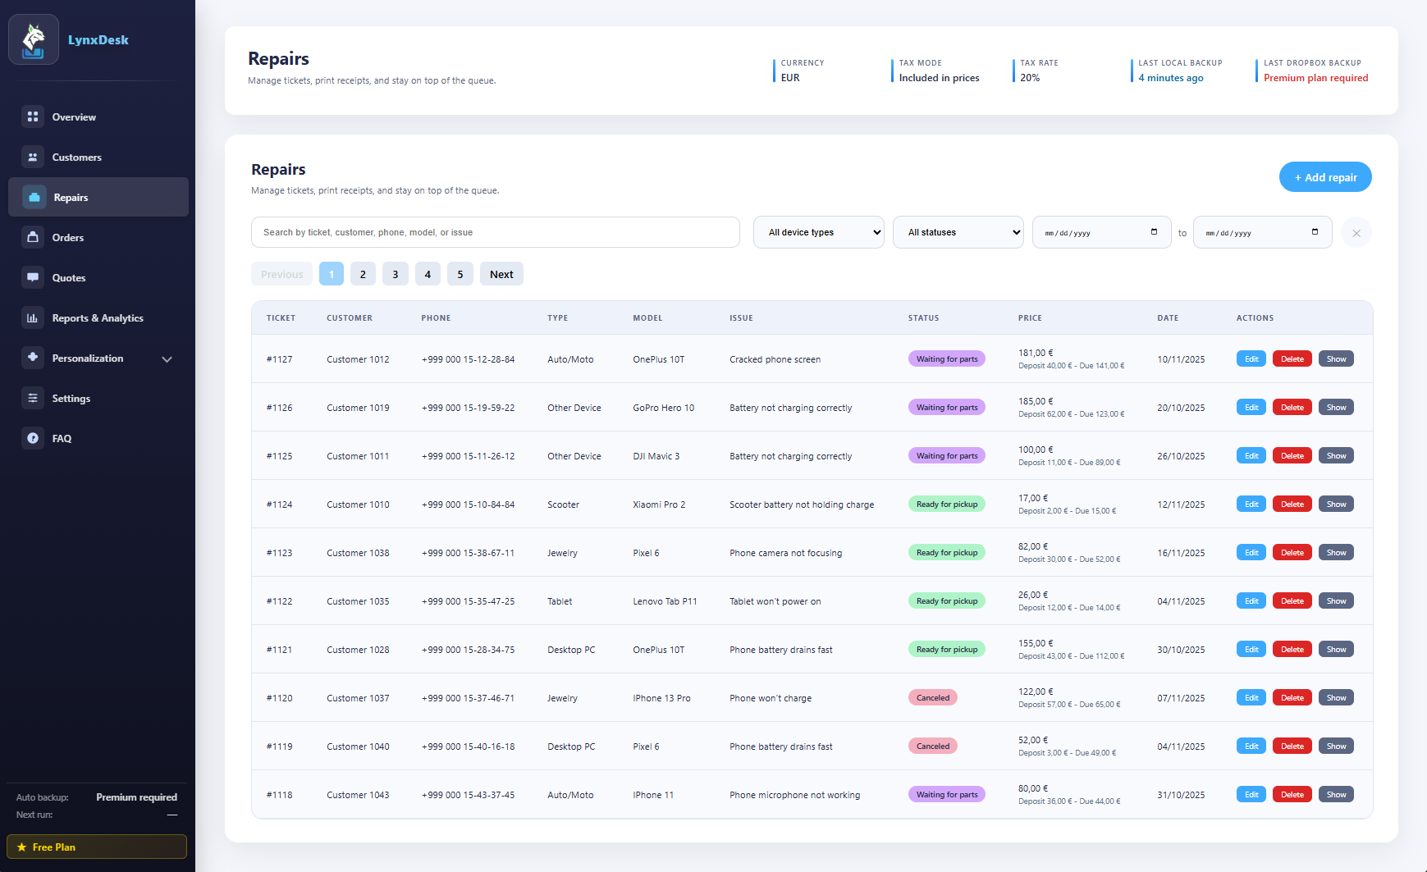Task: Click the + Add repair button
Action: [x=1324, y=177]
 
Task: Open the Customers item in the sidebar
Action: [x=76, y=158]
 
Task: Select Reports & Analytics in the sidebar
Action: [x=97, y=318]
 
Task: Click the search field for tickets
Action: [x=495, y=232]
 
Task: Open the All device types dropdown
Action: [x=818, y=232]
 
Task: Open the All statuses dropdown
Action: [x=958, y=232]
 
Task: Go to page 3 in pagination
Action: [x=396, y=274]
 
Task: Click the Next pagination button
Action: [x=501, y=274]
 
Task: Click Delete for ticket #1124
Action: [x=1292, y=504]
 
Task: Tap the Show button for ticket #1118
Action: [x=1336, y=795]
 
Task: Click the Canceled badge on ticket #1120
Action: [x=933, y=698]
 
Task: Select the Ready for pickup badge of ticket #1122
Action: [x=946, y=601]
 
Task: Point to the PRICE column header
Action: [x=1030, y=318]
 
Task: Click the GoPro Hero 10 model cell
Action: [x=663, y=408]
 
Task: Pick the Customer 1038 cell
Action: [x=358, y=553]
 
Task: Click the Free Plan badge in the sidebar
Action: [x=97, y=847]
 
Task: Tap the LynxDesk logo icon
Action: [x=34, y=39]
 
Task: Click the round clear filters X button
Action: [x=1356, y=233]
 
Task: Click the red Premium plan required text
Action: [x=1315, y=78]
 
